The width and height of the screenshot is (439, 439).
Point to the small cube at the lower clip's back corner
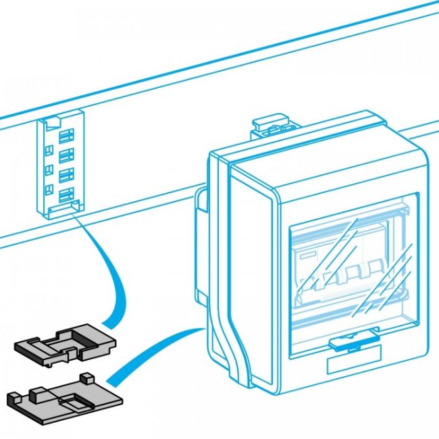(x=86, y=376)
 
